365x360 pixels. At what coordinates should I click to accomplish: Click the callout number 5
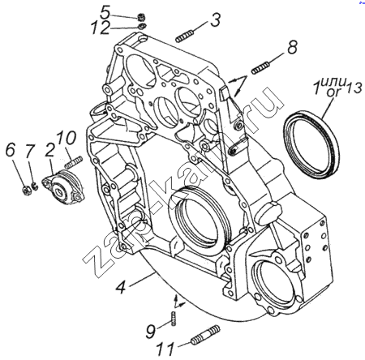pos(105,12)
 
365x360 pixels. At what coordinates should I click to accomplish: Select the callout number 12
pos(100,28)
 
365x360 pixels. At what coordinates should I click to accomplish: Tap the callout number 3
pos(215,19)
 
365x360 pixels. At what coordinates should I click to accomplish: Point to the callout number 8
pos(292,48)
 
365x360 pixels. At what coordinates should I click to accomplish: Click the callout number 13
pos(354,88)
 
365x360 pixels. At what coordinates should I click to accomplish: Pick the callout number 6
pos(11,150)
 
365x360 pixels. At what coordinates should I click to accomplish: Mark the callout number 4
pos(121,287)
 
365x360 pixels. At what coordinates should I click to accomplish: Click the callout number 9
pos(151,332)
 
